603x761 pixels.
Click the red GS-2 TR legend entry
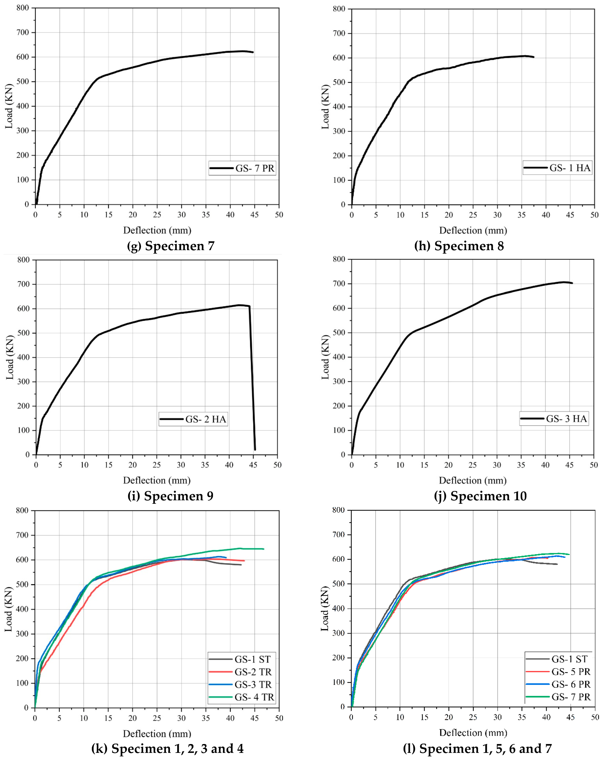pos(253,672)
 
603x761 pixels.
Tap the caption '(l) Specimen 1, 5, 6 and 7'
pos(477,748)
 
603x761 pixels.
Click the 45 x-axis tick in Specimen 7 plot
pos(254,215)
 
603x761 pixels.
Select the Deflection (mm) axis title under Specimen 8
pos(473,231)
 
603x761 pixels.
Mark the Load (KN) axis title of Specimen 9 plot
pos(10,358)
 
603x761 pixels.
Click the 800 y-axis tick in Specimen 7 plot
pos(23,8)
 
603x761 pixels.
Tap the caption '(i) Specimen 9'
pos(170,496)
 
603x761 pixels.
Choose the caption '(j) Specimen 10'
pos(480,496)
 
